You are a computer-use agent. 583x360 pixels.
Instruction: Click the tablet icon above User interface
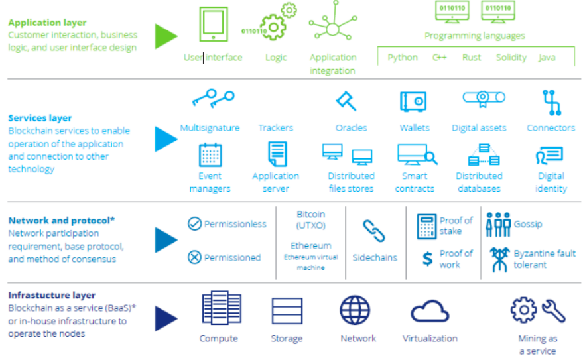click(x=214, y=25)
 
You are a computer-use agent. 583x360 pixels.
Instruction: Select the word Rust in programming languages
click(x=472, y=58)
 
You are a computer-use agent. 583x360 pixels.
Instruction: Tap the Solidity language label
click(x=511, y=58)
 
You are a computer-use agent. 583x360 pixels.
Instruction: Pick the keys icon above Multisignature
click(x=212, y=99)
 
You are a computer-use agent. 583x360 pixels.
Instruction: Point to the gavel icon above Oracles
click(x=346, y=101)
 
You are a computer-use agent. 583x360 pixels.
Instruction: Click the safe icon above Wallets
click(x=413, y=101)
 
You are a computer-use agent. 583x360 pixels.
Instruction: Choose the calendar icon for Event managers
click(x=210, y=154)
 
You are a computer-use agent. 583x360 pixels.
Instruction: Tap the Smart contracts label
click(x=415, y=182)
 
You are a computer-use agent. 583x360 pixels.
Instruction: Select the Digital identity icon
click(x=550, y=156)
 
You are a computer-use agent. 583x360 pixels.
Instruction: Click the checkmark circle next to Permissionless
click(x=194, y=224)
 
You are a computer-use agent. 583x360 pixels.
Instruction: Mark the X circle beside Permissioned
click(x=194, y=257)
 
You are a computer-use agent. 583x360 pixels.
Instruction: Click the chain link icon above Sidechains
click(x=374, y=231)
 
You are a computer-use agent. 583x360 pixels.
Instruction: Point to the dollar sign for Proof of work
click(x=427, y=259)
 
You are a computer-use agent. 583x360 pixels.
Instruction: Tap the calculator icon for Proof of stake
click(x=426, y=226)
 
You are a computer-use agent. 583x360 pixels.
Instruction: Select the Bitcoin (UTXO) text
click(x=310, y=220)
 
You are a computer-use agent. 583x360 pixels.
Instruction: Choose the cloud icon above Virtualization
click(x=430, y=311)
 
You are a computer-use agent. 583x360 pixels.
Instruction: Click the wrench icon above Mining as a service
click(x=553, y=310)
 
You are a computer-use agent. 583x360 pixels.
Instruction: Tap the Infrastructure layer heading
click(x=52, y=295)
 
